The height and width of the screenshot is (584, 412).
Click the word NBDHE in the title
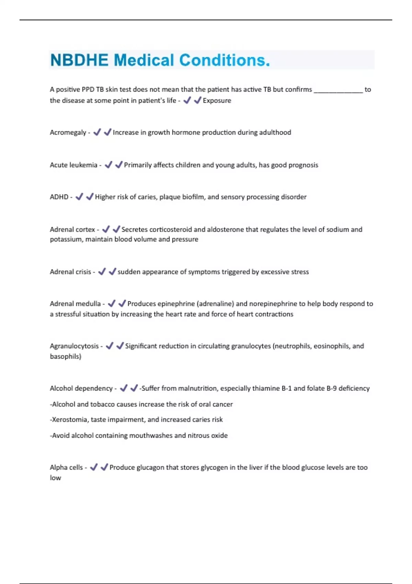point(79,60)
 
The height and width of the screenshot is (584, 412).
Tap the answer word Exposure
point(217,101)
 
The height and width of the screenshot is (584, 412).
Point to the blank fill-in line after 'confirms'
point(338,90)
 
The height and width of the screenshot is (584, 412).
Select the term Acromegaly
point(68,133)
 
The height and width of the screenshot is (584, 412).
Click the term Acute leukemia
point(73,165)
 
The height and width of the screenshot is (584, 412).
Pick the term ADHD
point(59,197)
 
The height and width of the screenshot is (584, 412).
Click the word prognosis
point(303,165)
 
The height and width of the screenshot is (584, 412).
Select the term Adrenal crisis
point(70,272)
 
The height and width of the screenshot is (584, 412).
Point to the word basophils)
point(66,357)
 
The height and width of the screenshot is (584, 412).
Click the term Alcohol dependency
point(81,389)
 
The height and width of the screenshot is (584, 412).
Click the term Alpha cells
point(66,468)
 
